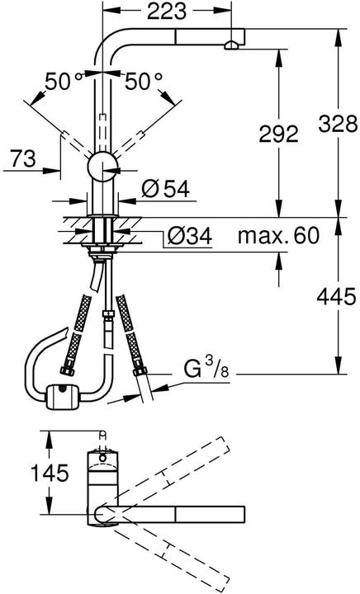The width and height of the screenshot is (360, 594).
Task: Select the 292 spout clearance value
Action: [x=278, y=134]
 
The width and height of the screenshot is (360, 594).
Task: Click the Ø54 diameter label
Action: [x=165, y=190]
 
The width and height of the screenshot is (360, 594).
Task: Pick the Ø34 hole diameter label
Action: [x=188, y=237]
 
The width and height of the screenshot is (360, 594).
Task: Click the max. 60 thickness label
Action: [x=278, y=237]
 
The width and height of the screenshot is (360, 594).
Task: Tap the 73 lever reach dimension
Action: [x=24, y=159]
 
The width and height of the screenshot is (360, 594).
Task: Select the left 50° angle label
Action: [x=61, y=82]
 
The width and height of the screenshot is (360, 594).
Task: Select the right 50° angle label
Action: [x=144, y=82]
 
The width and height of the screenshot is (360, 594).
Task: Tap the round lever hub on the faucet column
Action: [x=103, y=164]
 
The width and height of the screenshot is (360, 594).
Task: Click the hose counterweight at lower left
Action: [x=61, y=398]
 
